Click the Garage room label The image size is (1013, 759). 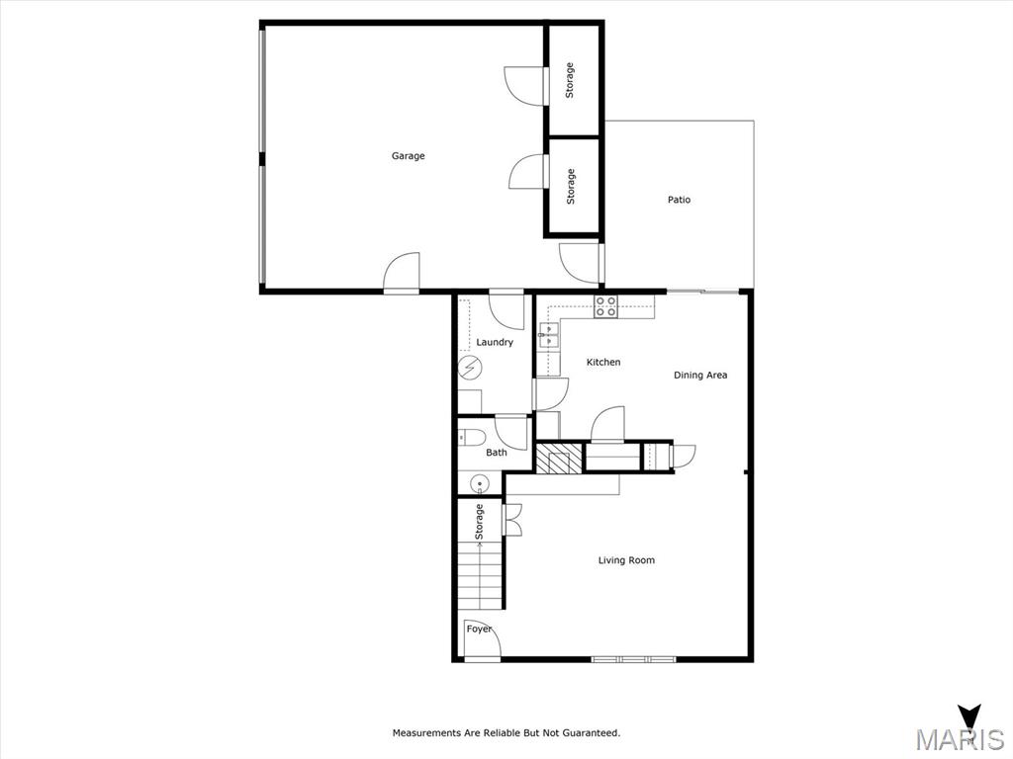[x=408, y=156]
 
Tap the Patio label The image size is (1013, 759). [x=679, y=200]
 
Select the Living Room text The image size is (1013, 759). [x=626, y=560]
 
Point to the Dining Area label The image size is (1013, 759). [x=700, y=376]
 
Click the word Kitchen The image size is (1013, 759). [x=603, y=363]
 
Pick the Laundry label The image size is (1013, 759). [x=495, y=343]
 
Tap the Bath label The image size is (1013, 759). [x=497, y=453]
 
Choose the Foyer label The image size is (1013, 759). [x=479, y=630]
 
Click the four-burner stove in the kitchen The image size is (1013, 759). [x=605, y=306]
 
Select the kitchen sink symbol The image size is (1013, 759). [x=548, y=337]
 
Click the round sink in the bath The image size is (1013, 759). [x=479, y=484]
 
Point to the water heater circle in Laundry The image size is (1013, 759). [x=470, y=369]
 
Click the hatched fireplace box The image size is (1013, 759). [x=559, y=459]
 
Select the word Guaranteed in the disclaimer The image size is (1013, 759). [x=590, y=733]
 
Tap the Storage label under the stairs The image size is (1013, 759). [x=480, y=521]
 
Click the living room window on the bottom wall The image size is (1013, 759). [x=634, y=658]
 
